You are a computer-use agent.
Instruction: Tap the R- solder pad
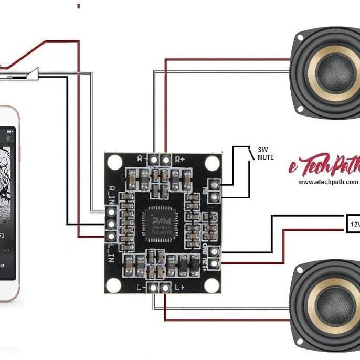[154, 158]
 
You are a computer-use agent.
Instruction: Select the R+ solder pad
[166, 158]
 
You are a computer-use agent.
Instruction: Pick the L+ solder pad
[166, 288]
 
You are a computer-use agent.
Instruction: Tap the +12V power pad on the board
[213, 261]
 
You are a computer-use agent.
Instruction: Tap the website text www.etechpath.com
[329, 182]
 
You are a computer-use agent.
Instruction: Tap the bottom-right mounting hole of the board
[211, 285]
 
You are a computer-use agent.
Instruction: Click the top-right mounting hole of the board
[211, 163]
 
